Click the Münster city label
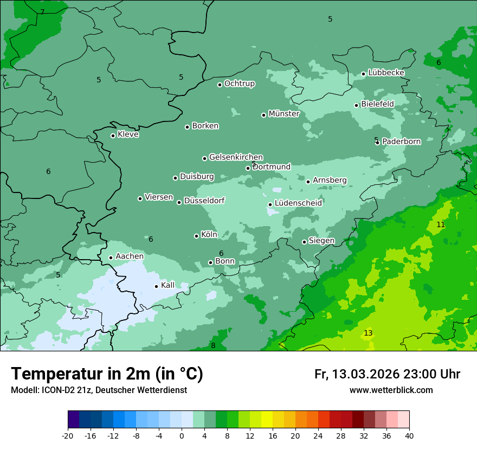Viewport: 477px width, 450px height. click(x=283, y=114)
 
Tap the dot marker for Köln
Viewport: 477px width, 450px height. click(x=196, y=236)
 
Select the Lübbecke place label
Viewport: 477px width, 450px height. click(x=386, y=73)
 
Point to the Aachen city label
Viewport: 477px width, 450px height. click(x=130, y=256)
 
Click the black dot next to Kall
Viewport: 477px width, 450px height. click(x=156, y=286)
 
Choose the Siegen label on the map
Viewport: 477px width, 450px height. click(x=321, y=241)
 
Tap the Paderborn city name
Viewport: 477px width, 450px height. click(x=401, y=142)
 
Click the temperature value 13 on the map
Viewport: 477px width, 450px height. click(x=368, y=333)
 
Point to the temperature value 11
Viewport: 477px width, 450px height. click(x=441, y=224)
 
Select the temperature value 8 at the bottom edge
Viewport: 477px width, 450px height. click(x=213, y=345)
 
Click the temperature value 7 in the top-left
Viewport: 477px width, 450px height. click(x=42, y=12)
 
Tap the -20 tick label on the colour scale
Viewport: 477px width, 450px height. click(x=68, y=435)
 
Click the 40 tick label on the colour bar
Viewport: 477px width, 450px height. click(x=409, y=435)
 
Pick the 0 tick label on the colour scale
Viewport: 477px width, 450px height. click(x=182, y=435)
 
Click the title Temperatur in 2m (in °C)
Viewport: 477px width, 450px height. click(x=107, y=374)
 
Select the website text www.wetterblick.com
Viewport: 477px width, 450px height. click(x=391, y=390)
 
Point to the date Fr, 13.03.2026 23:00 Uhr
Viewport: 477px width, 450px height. click(x=387, y=374)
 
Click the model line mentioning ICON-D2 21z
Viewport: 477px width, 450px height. click(x=99, y=390)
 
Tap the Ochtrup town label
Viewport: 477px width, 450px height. click(x=239, y=83)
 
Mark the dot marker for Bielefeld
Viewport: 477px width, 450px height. click(x=356, y=105)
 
